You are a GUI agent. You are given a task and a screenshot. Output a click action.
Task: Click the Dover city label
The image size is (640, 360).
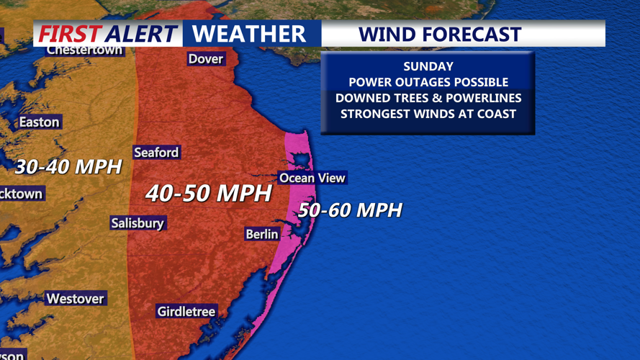tap(206, 59)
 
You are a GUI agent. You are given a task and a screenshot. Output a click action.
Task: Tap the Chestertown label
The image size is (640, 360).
tap(84, 50)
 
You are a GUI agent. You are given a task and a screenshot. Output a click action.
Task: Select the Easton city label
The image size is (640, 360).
tap(39, 122)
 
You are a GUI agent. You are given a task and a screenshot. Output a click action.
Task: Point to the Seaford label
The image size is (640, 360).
tap(156, 153)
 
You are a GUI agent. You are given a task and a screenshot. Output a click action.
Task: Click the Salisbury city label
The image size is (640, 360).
tap(138, 223)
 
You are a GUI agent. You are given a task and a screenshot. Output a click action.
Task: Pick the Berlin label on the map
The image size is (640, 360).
tap(262, 234)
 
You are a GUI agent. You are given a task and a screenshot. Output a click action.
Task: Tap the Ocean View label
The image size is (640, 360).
tap(312, 178)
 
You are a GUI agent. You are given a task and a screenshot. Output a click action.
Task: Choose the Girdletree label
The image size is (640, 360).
tap(186, 312)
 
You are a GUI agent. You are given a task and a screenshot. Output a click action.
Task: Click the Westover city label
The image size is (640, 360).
tap(75, 299)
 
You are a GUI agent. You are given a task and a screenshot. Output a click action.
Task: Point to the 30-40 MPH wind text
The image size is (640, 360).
tap(68, 167)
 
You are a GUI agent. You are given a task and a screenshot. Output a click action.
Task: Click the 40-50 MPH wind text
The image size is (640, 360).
tap(209, 193)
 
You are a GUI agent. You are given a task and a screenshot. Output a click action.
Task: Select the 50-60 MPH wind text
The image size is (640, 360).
tap(350, 210)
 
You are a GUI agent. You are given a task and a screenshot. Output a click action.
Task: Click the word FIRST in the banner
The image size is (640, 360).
tap(69, 34)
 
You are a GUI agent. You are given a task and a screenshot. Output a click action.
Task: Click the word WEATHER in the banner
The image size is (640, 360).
tap(249, 34)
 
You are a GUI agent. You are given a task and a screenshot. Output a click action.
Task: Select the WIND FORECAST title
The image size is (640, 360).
tap(439, 34)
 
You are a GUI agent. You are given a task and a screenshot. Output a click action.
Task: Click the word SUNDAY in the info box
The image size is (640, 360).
tap(428, 66)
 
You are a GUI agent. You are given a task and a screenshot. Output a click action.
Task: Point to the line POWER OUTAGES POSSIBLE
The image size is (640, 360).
tap(428, 82)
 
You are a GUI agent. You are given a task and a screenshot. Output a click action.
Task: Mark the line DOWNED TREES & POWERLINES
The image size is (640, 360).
tap(428, 98)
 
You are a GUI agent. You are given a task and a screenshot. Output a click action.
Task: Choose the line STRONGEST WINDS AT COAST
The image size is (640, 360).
tap(428, 114)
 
